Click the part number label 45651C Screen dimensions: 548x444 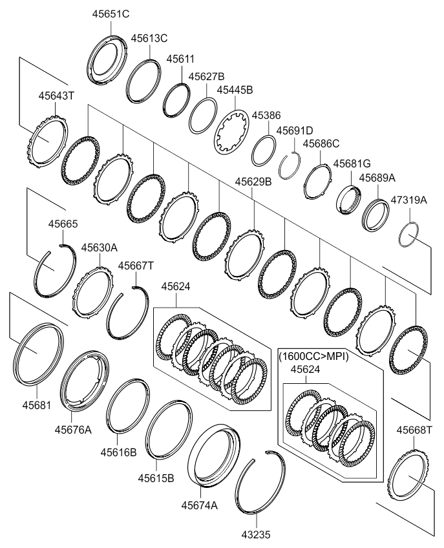pos(113,14)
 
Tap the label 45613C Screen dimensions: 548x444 pos(149,39)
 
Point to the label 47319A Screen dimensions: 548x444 pos(408,200)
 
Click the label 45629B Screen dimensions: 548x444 pos(253,182)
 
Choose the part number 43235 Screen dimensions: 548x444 pos(255,534)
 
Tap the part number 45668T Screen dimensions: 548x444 pos(414,430)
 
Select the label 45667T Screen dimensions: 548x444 pos(136,266)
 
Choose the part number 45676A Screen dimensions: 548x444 pos(72,429)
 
